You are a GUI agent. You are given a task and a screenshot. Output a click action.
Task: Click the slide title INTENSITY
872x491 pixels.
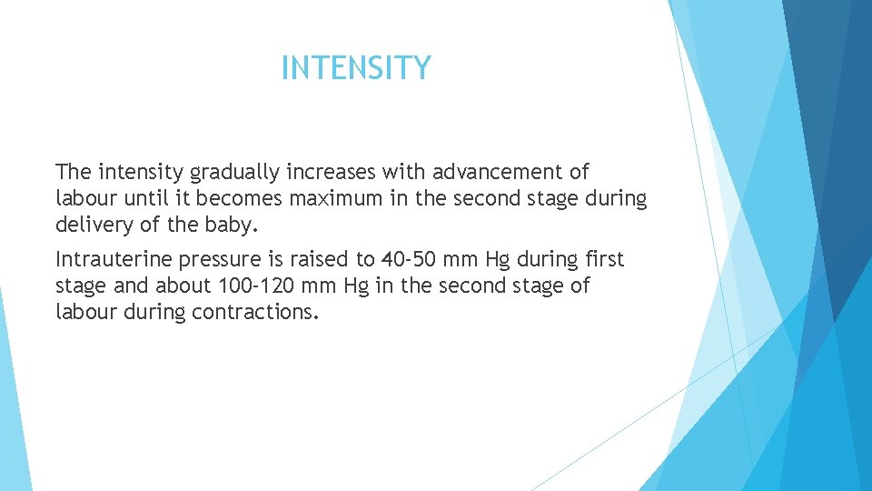tap(356, 68)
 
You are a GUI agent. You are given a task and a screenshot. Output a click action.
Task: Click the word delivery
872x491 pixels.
tap(92, 225)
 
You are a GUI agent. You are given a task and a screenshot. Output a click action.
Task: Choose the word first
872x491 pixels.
tap(603, 260)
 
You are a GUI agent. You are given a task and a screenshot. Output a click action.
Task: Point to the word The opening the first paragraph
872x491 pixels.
tap(73, 172)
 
